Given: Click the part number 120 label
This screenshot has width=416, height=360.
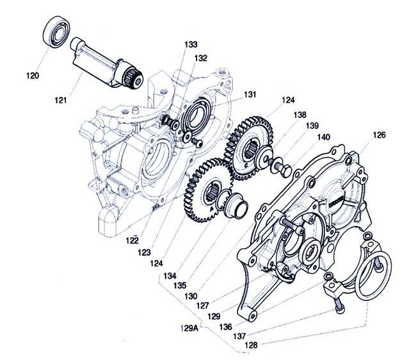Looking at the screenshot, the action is tap(33, 76).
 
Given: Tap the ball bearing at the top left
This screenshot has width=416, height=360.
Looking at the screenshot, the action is tap(56, 32).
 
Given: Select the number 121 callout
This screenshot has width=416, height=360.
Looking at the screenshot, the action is tap(61, 101).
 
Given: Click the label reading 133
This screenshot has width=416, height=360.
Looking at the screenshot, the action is tap(191, 44).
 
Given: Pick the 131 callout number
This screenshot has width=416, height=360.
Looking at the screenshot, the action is tap(250, 95).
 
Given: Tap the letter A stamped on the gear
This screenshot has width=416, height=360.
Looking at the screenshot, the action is tap(212, 209).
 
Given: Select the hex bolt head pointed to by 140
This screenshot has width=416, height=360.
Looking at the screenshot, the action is tap(285, 171).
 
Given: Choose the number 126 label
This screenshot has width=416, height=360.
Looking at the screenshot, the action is tap(379, 135).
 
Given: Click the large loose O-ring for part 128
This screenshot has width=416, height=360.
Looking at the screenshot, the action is tap(373, 275).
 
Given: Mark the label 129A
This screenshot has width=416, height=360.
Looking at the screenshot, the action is tap(189, 329).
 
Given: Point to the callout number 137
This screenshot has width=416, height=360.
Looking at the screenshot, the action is tap(239, 336).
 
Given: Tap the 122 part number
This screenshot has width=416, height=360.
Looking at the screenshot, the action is tap(132, 240).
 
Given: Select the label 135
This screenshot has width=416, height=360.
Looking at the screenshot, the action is tap(180, 286).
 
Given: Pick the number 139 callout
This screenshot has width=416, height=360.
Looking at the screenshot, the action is tap(312, 126).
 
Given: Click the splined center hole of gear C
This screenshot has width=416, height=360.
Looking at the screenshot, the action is tap(250, 149).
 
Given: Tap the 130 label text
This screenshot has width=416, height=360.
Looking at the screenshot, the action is tap(191, 297).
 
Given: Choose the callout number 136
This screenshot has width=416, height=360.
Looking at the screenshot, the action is tap(226, 327).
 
